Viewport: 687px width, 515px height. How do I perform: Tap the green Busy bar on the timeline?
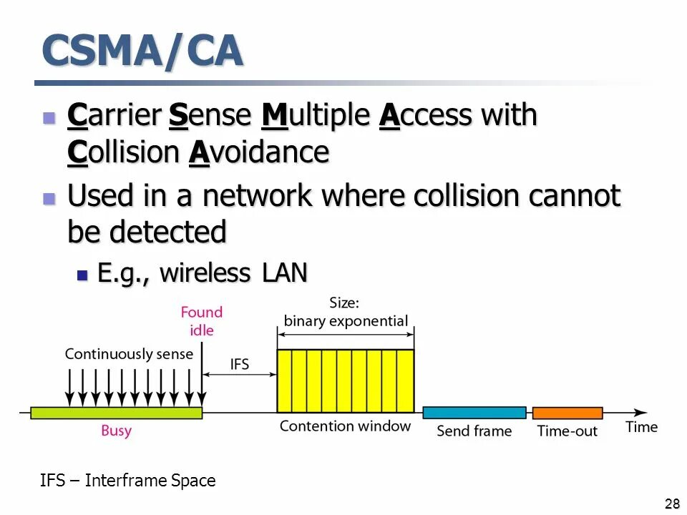(116, 412)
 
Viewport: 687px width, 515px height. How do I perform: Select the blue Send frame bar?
(474, 413)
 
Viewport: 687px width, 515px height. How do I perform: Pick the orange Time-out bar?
(567, 413)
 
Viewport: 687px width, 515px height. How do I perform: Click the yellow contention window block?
(346, 381)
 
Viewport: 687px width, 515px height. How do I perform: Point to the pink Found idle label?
(202, 321)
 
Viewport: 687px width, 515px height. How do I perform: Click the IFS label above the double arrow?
(240, 364)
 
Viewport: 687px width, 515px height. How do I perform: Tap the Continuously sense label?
(129, 354)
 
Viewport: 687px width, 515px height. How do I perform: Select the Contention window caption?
(345, 426)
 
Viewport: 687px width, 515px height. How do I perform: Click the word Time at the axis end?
(641, 427)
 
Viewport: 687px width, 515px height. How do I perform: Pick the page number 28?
(672, 504)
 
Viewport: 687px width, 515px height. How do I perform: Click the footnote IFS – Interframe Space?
(128, 481)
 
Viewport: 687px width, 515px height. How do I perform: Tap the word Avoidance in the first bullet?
(260, 152)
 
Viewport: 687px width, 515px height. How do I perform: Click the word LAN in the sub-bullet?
(283, 273)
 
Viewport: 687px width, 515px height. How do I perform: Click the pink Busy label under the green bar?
(116, 431)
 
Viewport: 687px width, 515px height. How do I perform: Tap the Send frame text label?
(474, 431)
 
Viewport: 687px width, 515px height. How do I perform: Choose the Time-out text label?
(567, 431)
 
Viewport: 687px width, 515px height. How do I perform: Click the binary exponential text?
(346, 321)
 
